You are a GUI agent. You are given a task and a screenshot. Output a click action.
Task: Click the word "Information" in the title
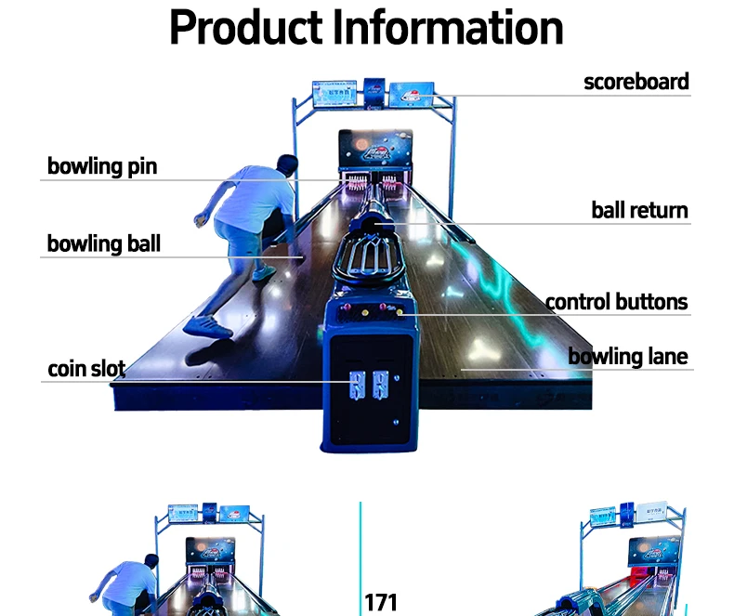pos(449,28)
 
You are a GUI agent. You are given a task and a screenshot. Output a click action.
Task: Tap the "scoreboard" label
pos(636,82)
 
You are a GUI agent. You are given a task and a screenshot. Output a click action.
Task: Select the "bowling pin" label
pos(102,167)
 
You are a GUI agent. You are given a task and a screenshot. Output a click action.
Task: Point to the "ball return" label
pos(639,210)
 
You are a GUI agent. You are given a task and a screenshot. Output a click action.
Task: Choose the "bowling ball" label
pos(104,244)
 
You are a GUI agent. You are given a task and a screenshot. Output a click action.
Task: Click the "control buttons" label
pos(616,302)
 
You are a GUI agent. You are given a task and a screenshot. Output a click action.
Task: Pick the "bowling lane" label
pos(628,357)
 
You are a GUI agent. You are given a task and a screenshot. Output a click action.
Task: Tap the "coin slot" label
pos(86,369)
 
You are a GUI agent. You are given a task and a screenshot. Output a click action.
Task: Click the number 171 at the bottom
pos(381,602)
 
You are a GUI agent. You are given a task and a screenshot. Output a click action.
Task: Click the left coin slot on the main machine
pos(357,385)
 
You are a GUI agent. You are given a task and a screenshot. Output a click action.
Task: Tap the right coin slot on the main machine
pos(379,385)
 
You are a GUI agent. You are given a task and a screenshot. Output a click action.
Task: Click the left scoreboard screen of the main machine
pos(334,93)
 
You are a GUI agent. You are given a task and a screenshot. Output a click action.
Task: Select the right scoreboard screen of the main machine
pos(409,93)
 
